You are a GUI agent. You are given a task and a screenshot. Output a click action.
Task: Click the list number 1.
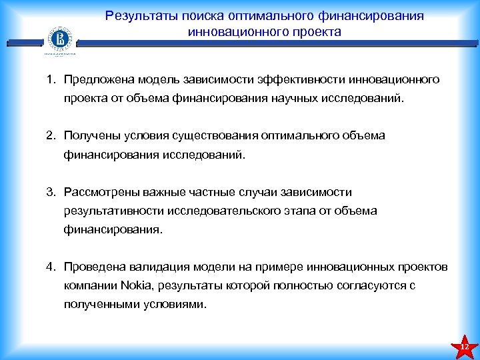[x=50, y=80]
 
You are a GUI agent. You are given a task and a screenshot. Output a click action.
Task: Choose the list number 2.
[x=50, y=136]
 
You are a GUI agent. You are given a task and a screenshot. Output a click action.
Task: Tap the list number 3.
[x=50, y=192]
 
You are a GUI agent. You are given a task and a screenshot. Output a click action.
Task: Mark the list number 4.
[x=50, y=267]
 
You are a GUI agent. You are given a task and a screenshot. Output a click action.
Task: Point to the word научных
[x=298, y=99]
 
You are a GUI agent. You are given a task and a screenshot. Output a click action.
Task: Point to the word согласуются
[x=371, y=285]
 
